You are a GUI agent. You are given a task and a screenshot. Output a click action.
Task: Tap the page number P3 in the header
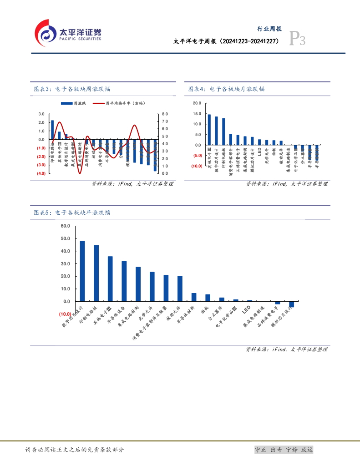point(298,41)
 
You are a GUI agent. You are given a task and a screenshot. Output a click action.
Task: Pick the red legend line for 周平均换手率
point(98,104)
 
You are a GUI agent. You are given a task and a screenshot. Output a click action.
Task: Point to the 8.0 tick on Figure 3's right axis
point(165,114)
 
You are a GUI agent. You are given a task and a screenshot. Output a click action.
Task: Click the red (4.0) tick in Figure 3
point(41,173)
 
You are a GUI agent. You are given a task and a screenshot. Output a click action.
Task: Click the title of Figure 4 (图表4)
point(226,89)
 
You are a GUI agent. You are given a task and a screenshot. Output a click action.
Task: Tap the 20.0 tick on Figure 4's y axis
point(197,103)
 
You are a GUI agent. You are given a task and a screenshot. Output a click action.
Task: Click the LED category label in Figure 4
point(259,151)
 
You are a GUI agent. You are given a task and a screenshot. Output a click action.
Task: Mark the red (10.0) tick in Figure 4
point(197,166)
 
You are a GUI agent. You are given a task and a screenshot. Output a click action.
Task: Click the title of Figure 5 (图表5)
point(72,213)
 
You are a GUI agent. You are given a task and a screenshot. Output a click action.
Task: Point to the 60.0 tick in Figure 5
point(65,226)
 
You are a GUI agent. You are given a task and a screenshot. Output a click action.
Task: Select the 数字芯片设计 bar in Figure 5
point(82,271)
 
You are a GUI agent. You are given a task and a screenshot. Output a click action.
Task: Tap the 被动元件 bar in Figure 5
point(180,289)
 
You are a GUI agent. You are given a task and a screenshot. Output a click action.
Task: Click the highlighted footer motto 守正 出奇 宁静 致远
point(284,450)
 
